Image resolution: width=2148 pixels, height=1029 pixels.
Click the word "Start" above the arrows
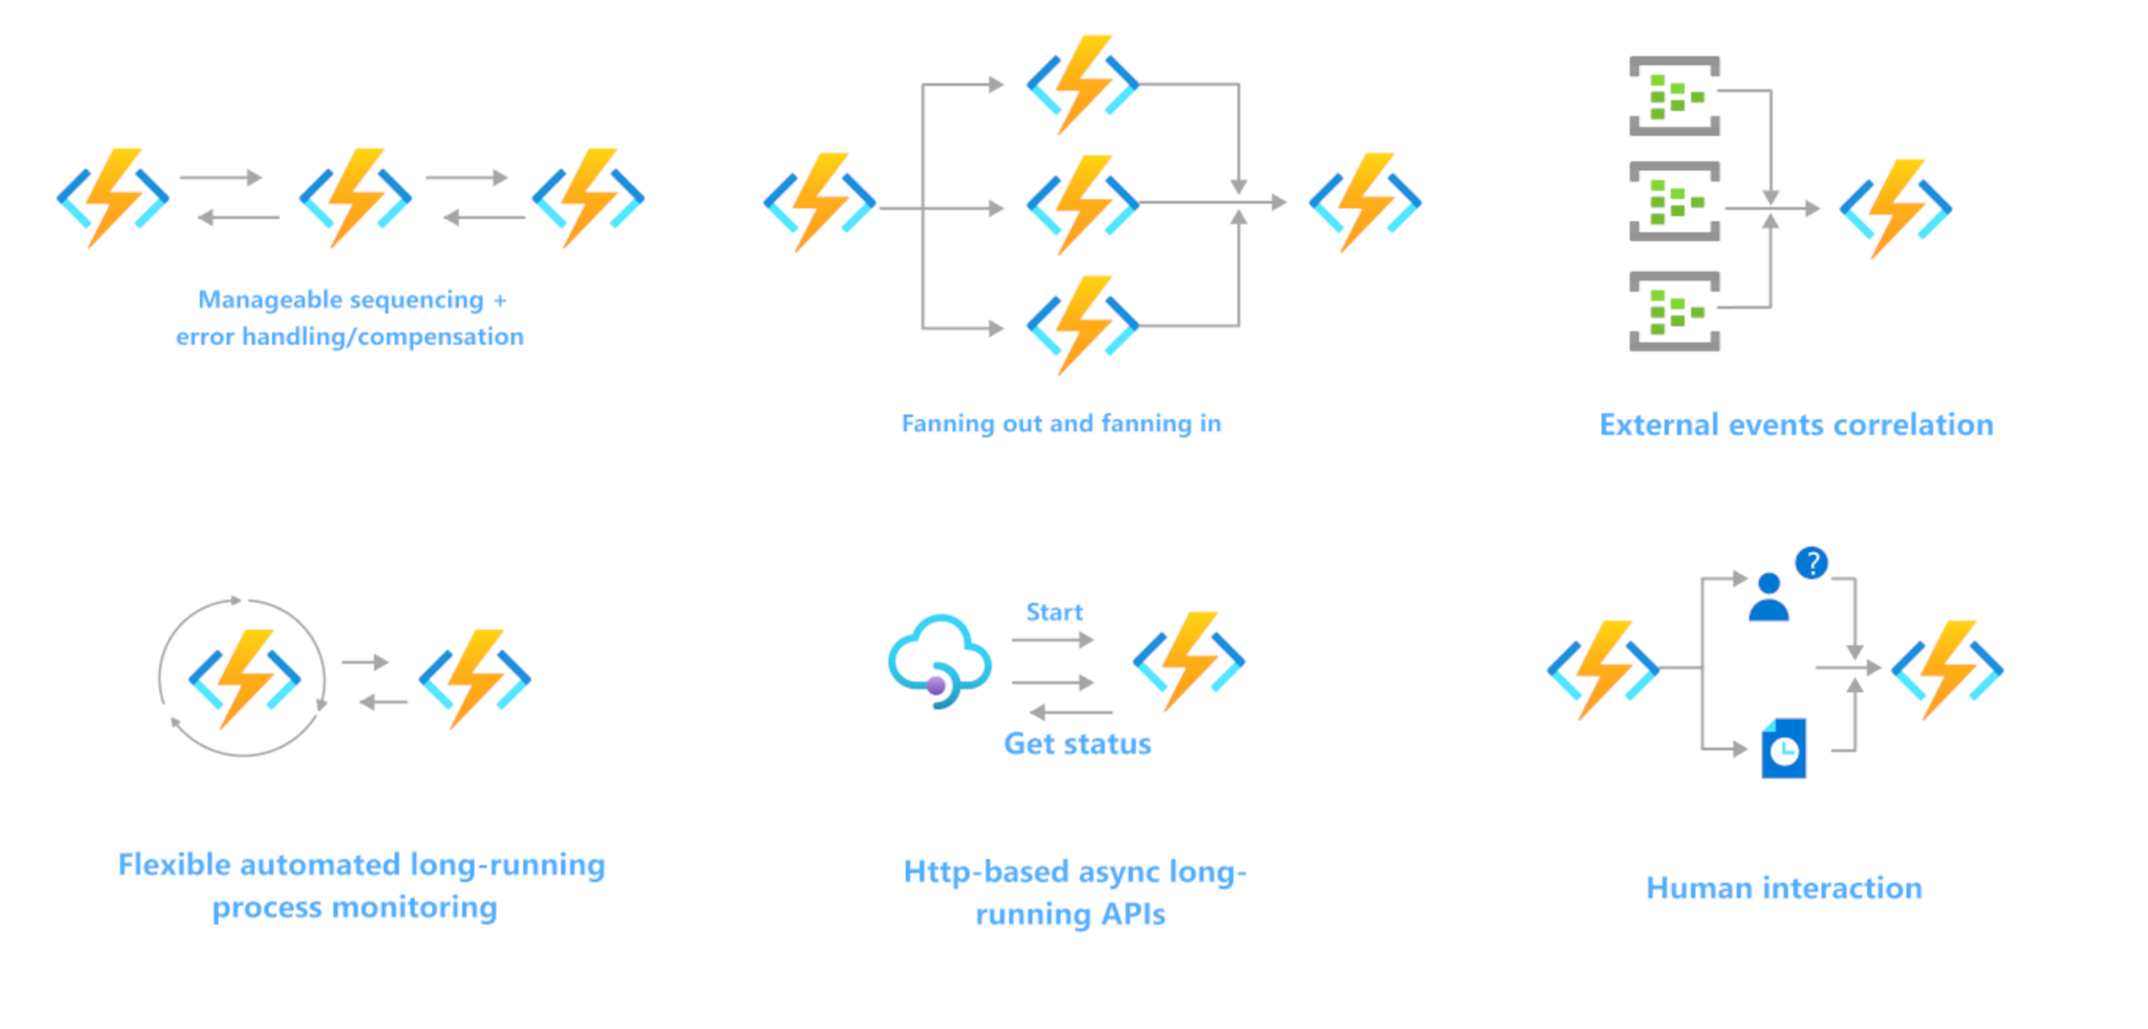(1054, 613)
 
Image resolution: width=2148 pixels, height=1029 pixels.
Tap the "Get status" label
(1077, 744)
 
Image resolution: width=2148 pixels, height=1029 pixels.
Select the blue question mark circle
(1811, 563)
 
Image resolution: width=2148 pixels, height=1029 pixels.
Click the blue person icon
(1768, 598)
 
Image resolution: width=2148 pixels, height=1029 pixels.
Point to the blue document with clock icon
(1783, 749)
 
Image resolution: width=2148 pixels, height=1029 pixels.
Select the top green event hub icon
(1674, 96)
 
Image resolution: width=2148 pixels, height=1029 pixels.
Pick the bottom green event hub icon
(1674, 312)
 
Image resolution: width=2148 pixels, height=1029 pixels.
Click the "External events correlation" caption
(1796, 425)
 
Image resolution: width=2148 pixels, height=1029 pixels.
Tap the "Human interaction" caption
(1784, 888)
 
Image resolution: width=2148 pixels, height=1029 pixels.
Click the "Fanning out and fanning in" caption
(1061, 424)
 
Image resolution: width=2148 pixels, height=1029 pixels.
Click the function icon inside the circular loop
(244, 678)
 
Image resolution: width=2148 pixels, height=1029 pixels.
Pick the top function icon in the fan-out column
(1083, 85)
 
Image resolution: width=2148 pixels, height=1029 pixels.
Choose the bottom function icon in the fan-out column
(1083, 326)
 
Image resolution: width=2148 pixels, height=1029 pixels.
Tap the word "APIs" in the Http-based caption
(1133, 915)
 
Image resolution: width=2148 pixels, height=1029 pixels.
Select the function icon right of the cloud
(1188, 661)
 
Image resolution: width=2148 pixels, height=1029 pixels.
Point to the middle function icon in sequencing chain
(355, 198)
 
